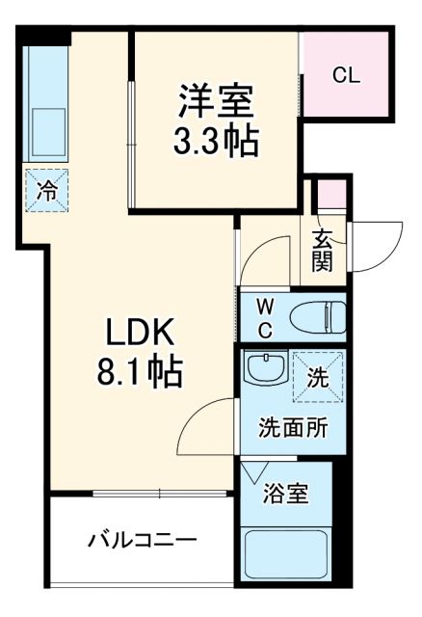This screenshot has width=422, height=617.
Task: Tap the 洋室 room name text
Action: [x=215, y=101]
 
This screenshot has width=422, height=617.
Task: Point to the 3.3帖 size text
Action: [x=215, y=142]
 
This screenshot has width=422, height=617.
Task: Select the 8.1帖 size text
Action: [x=139, y=371]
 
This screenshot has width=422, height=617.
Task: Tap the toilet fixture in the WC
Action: [x=318, y=315]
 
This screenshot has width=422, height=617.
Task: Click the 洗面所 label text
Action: [x=292, y=428]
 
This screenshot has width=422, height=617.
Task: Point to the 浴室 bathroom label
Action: [x=286, y=494]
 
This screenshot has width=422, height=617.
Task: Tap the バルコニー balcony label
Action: [x=144, y=539]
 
